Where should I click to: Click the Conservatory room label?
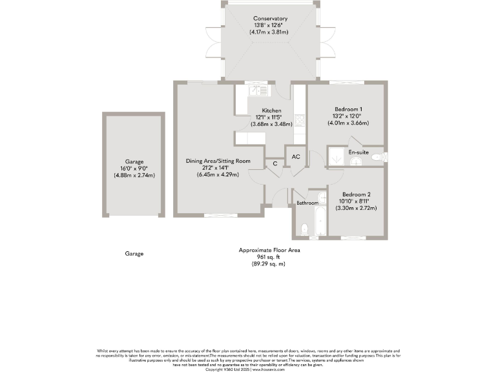pyautogui.click(x=271, y=19)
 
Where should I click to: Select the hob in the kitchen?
pyautogui.click(x=300, y=120)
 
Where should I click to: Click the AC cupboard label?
pyautogui.click(x=296, y=157)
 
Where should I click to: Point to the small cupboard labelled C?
pyautogui.click(x=275, y=163)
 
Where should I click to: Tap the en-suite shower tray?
pyautogui.click(x=336, y=157)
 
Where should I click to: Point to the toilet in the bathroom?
pyautogui.click(x=304, y=227)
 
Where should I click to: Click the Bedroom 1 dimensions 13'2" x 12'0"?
pyautogui.click(x=348, y=116)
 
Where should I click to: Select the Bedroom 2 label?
pyautogui.click(x=356, y=194)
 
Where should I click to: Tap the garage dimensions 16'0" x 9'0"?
pyautogui.click(x=134, y=169)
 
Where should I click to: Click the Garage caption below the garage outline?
pyautogui.click(x=134, y=254)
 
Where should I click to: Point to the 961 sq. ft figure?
pyautogui.click(x=269, y=257)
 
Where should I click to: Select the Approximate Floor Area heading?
pyautogui.click(x=269, y=250)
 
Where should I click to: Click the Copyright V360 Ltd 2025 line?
pyautogui.click(x=248, y=369)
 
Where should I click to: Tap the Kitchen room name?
pyautogui.click(x=271, y=110)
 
